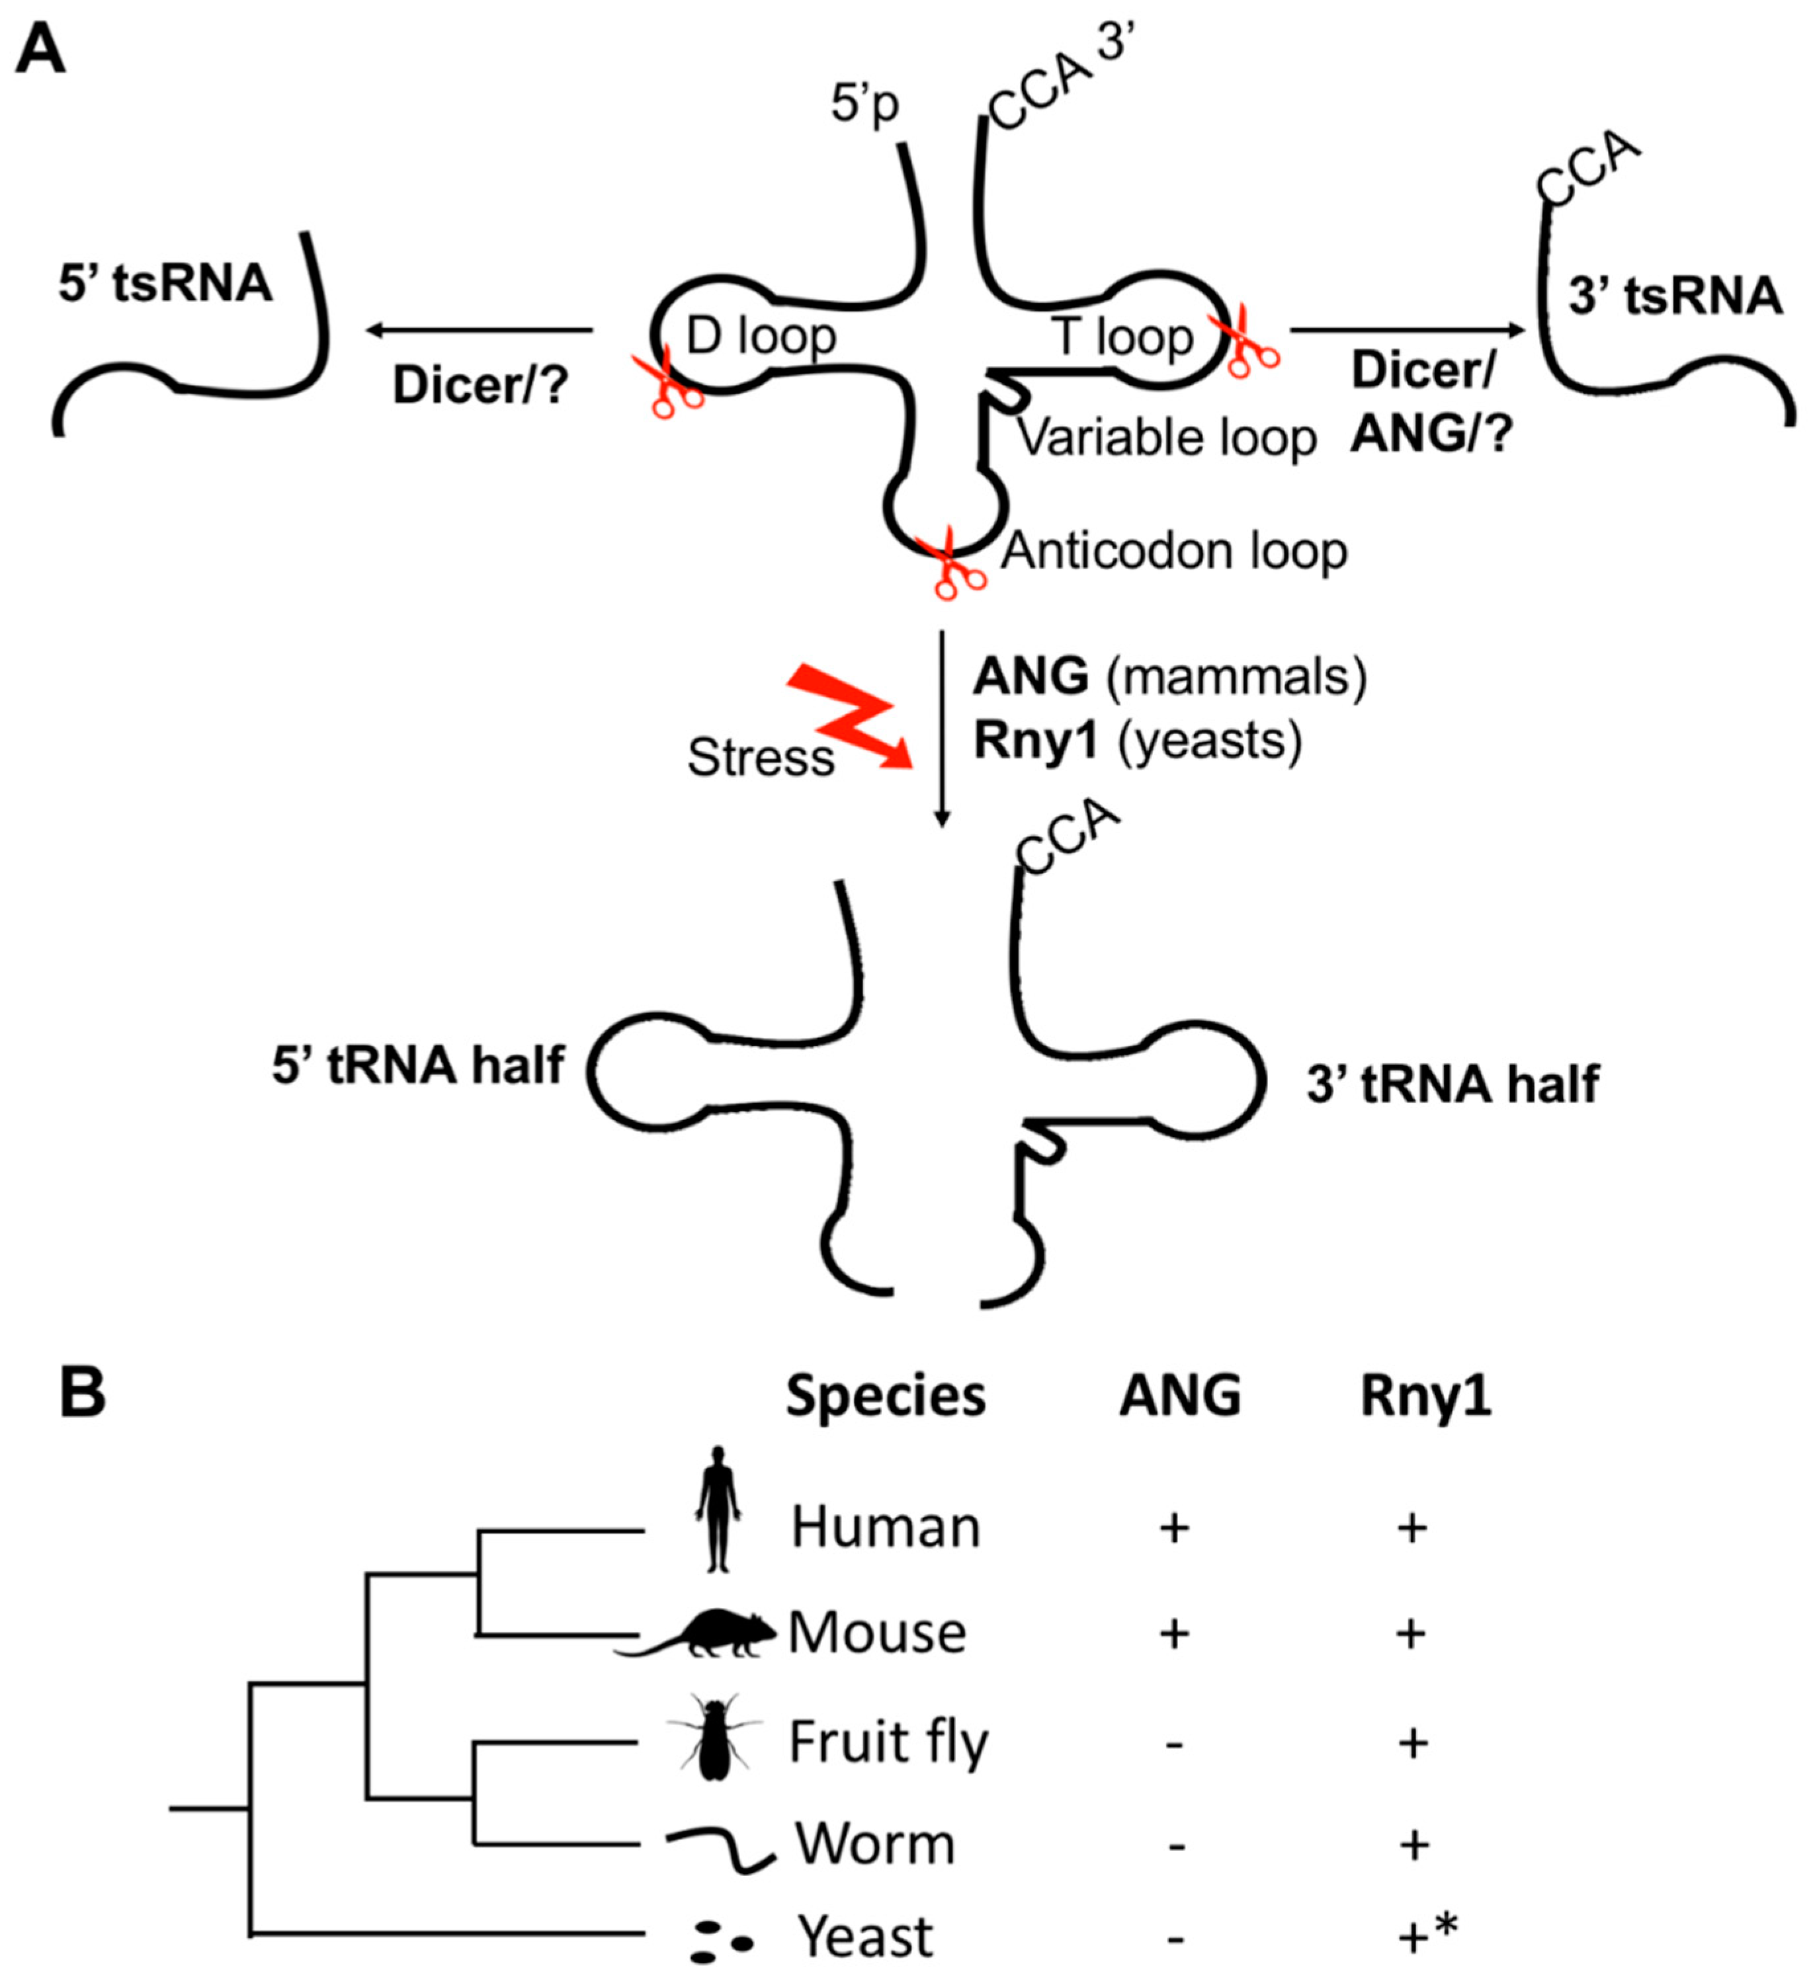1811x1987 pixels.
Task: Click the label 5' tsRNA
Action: click(x=165, y=285)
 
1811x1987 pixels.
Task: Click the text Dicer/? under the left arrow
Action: click(x=481, y=385)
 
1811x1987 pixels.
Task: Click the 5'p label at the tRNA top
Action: click(x=864, y=102)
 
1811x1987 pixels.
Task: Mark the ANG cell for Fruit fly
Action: click(x=1173, y=1744)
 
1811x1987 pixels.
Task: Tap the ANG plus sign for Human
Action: click(x=1173, y=1529)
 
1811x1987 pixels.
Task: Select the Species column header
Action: click(x=884, y=1397)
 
